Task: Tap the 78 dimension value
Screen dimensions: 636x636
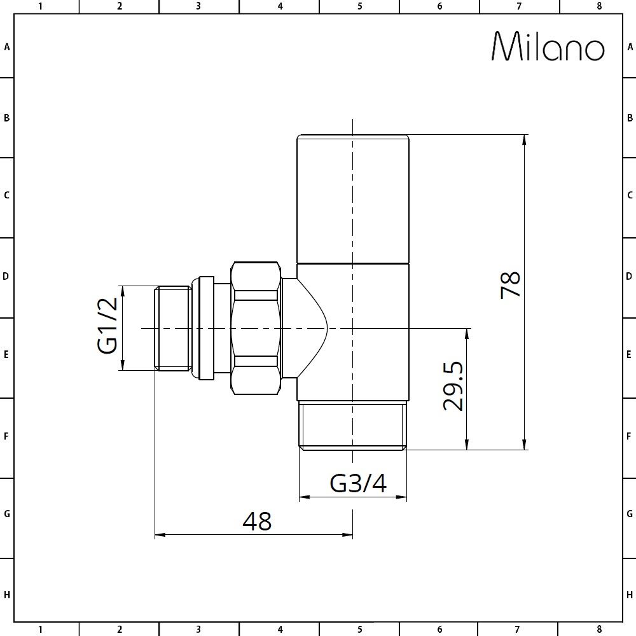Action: (511, 285)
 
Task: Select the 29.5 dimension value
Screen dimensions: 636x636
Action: (453, 387)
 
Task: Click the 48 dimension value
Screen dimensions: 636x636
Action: (257, 521)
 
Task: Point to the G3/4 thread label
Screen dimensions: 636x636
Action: (358, 484)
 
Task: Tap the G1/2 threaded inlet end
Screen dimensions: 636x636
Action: (173, 328)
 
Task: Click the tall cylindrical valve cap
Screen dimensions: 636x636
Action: (353, 198)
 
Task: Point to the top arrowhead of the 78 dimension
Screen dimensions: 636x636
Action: (524, 139)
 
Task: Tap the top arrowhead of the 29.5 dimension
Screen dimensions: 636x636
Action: (467, 333)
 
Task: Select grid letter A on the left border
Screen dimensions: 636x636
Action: (7, 47)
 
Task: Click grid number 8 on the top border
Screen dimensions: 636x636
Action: (598, 6)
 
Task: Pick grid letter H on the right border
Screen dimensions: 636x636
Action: (629, 595)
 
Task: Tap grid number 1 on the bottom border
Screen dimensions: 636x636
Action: (40, 629)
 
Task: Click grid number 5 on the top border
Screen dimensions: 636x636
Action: (359, 6)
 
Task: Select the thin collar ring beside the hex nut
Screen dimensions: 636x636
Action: (206, 328)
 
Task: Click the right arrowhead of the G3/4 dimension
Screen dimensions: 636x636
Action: (402, 497)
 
